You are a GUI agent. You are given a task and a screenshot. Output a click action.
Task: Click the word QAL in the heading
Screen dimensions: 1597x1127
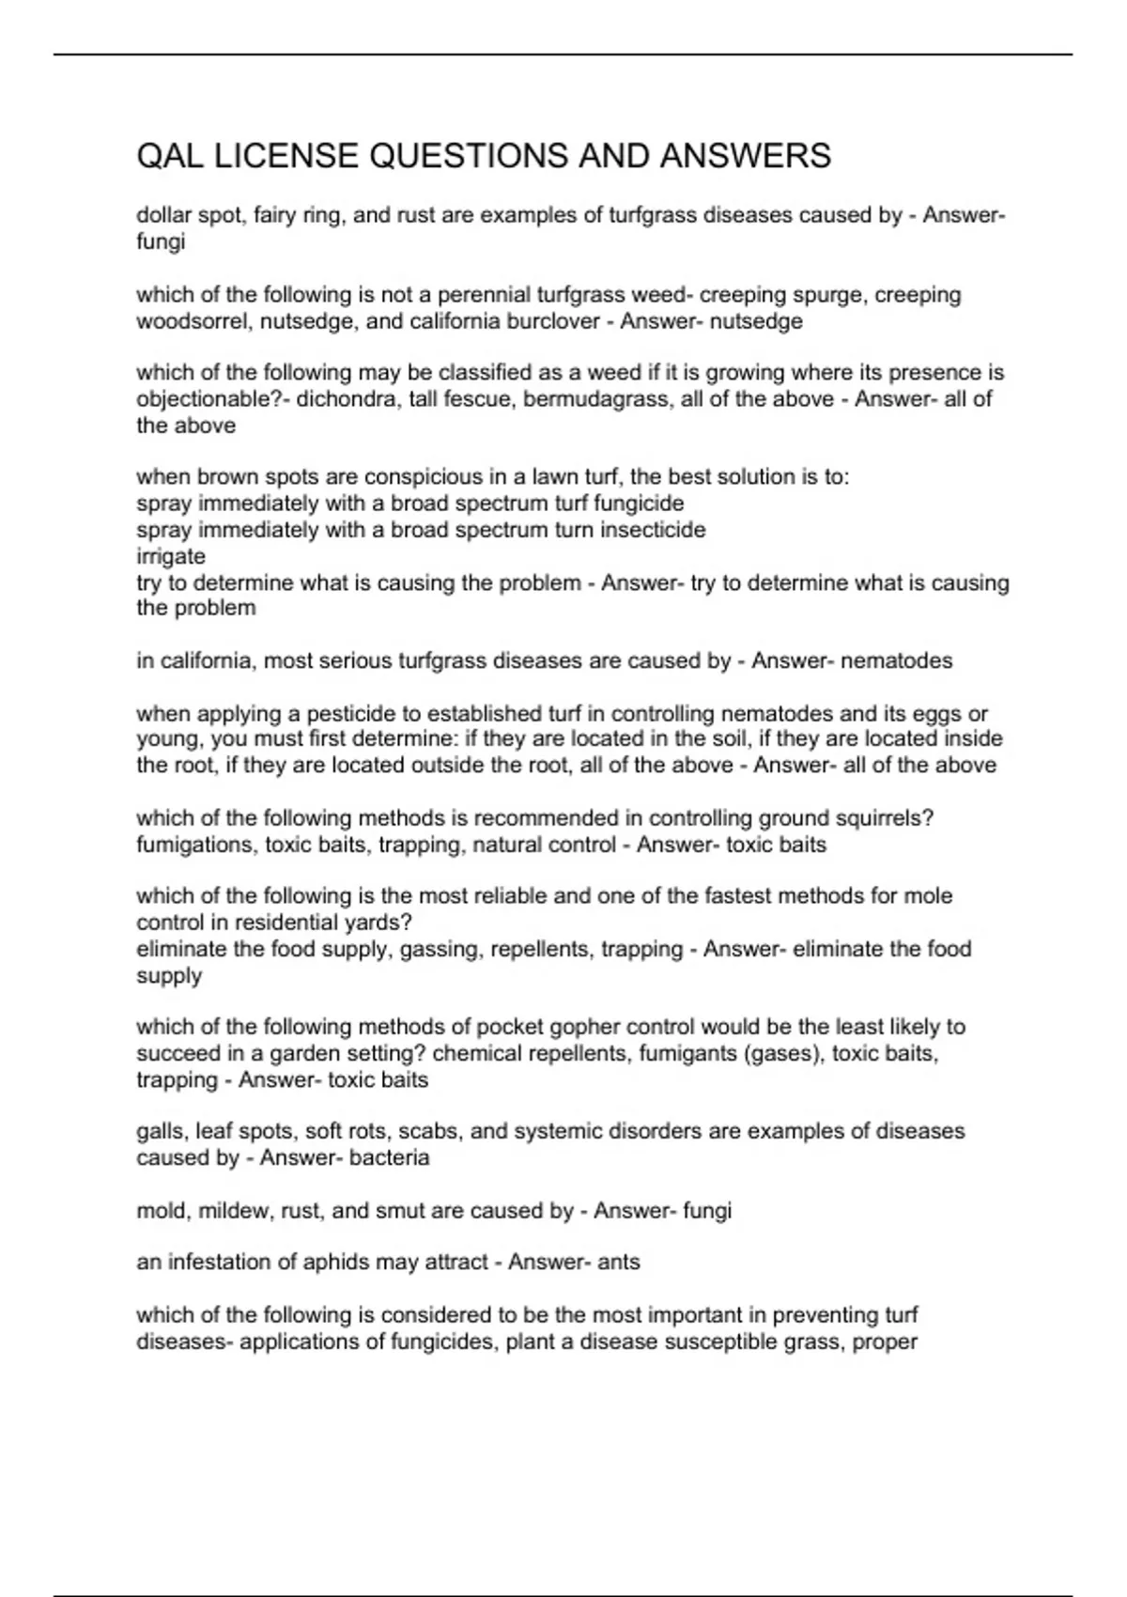coord(171,156)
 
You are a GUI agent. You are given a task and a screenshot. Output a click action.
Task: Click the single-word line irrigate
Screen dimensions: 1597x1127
coord(171,556)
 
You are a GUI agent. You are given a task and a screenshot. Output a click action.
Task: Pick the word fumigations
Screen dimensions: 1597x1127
coord(194,845)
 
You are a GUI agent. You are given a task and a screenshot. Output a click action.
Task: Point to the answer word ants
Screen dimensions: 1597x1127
coord(619,1262)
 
